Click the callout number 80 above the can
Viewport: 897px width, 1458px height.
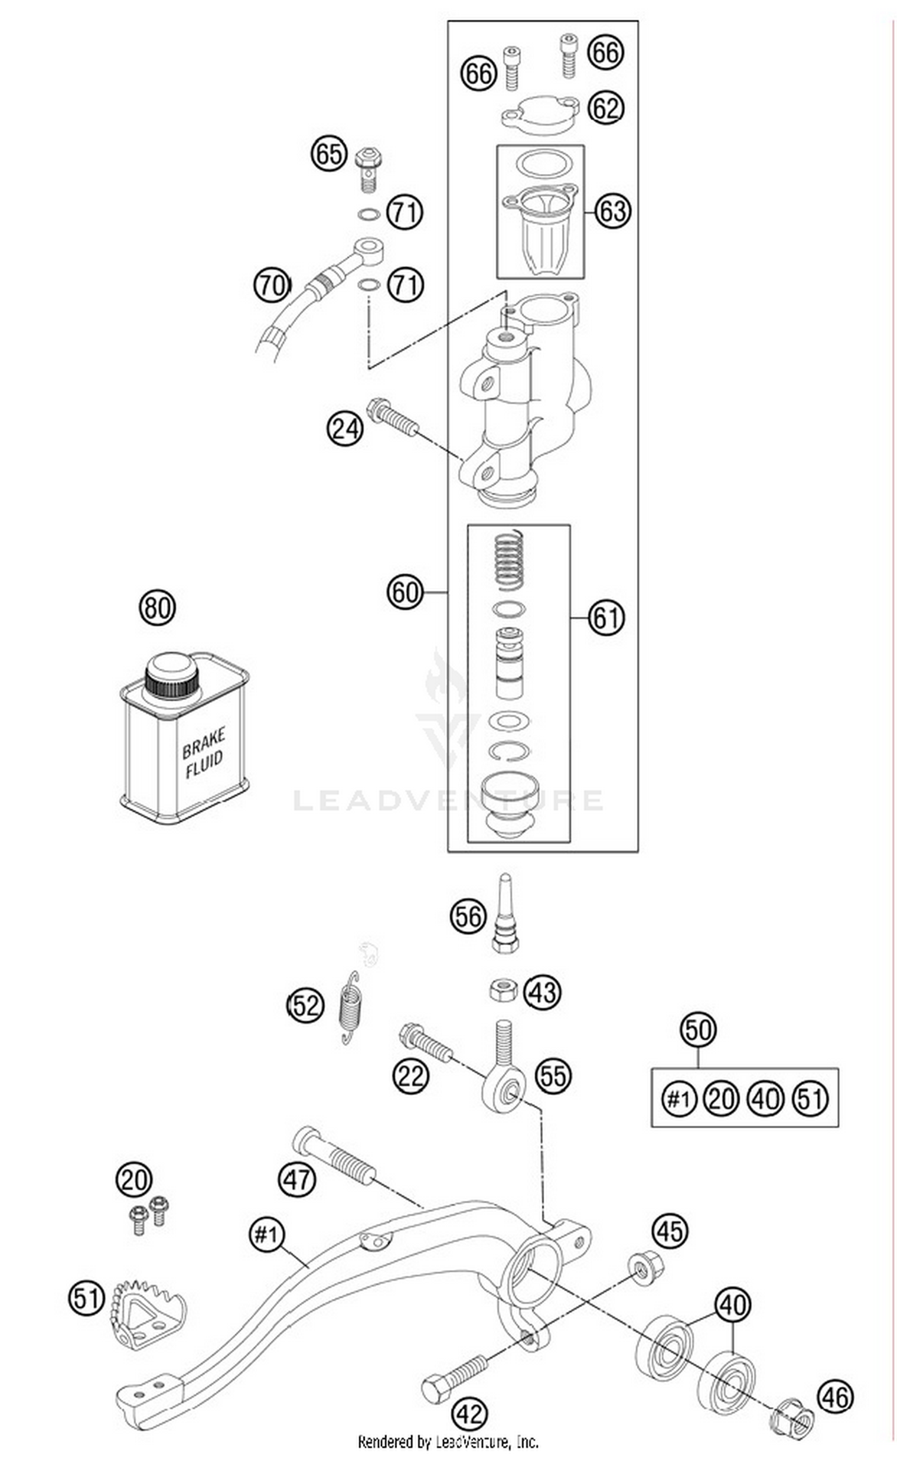tap(157, 608)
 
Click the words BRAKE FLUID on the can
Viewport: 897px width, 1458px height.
tap(203, 752)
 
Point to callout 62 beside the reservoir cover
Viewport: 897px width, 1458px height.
tap(605, 108)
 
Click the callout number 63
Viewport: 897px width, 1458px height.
tap(613, 211)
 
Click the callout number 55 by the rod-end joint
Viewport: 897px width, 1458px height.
tap(553, 1075)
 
